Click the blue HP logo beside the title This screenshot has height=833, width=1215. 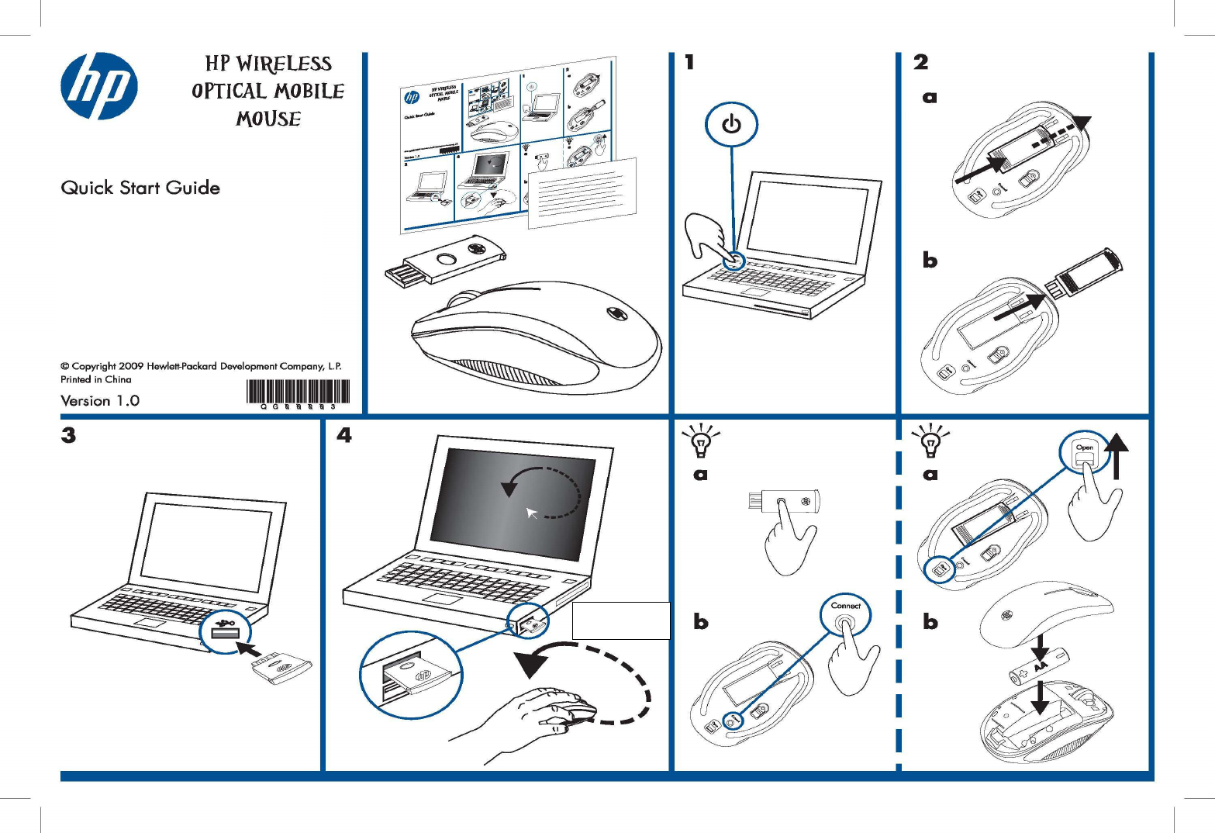(x=99, y=86)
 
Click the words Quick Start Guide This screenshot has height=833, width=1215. (x=140, y=188)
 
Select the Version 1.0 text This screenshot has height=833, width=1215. (x=100, y=400)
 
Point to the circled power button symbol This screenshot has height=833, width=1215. (x=731, y=125)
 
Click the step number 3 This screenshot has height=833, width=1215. (x=69, y=435)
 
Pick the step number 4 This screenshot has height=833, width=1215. (x=344, y=435)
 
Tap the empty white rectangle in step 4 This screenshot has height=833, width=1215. (x=620, y=620)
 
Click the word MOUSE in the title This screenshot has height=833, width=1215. (x=268, y=119)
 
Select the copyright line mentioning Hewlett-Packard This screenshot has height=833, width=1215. (x=201, y=366)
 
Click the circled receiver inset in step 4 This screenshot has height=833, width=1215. (x=411, y=673)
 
